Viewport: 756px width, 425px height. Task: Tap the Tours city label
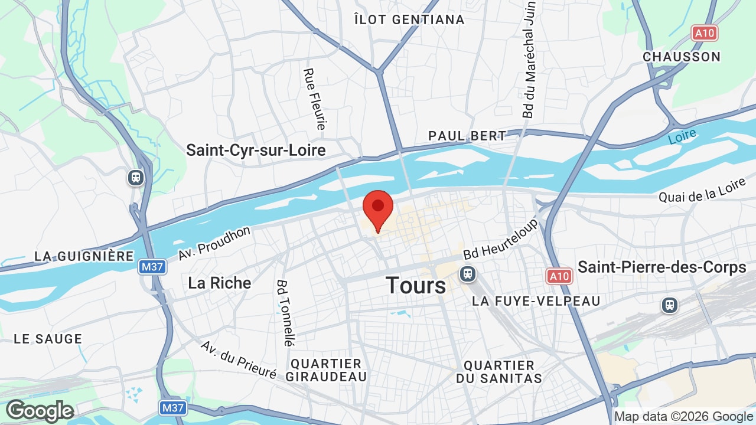point(416,286)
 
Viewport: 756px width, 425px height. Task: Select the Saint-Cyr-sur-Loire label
point(256,150)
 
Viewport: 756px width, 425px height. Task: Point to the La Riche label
point(219,283)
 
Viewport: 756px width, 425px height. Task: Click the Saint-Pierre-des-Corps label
point(661,267)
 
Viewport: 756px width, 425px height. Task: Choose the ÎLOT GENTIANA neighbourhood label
point(409,19)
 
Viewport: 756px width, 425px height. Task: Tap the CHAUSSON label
point(682,57)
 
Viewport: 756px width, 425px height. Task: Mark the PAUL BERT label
point(467,136)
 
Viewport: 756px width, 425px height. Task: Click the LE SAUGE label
point(48,339)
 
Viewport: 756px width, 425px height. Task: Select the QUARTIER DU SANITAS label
point(499,372)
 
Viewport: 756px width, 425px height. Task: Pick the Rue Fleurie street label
point(314,99)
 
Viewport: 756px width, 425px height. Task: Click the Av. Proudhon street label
point(214,243)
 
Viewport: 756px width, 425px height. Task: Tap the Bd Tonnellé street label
point(284,312)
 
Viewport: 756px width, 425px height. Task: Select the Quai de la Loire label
point(702,191)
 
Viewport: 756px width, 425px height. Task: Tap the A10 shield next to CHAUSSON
point(705,33)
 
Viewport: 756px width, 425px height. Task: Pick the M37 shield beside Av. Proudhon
point(153,267)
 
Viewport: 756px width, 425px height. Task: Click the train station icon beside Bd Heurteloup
point(468,274)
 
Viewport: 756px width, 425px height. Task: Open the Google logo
point(40,411)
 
